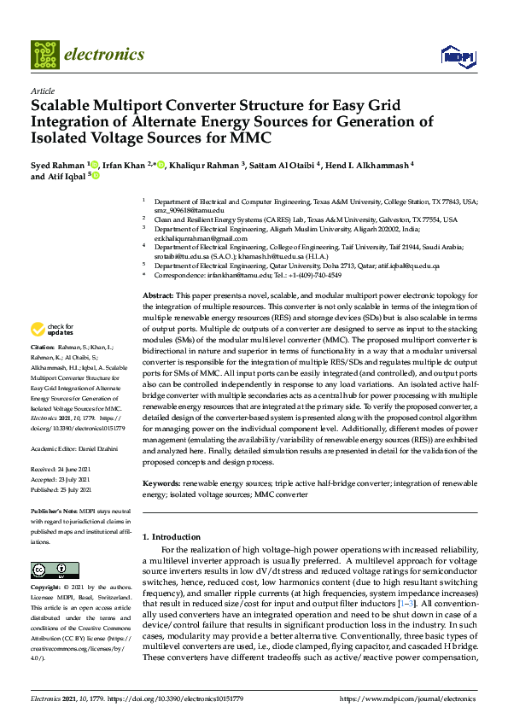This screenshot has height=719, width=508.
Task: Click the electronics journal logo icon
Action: [x=44, y=55]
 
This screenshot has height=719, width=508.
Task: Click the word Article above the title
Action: [x=43, y=91]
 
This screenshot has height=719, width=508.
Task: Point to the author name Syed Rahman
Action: [x=57, y=164]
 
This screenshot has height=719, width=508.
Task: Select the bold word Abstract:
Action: [x=158, y=295]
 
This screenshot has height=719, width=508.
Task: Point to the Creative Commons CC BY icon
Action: [x=50, y=570]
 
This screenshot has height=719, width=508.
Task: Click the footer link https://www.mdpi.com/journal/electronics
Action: [x=408, y=699]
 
